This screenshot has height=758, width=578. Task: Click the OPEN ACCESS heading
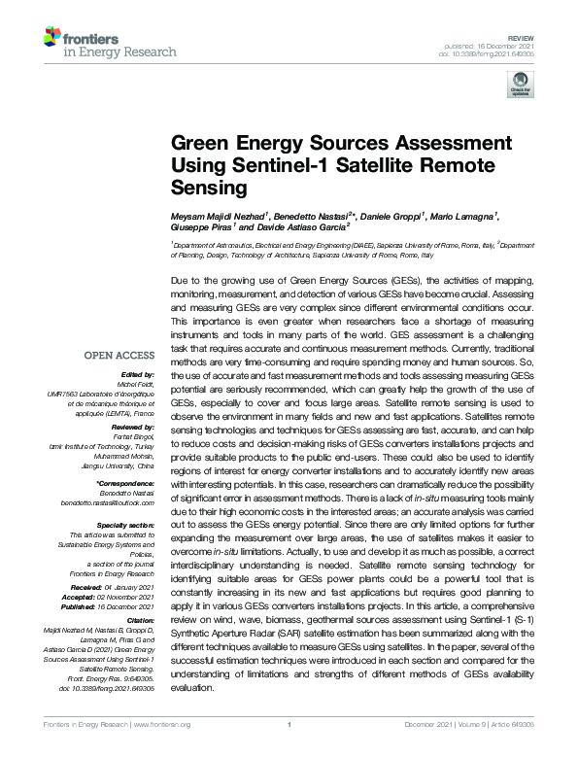point(119,356)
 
